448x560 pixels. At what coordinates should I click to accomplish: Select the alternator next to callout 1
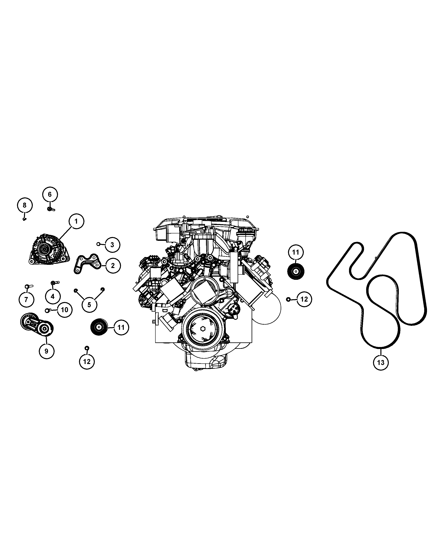tap(49, 249)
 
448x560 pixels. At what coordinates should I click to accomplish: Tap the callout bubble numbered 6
tap(50, 195)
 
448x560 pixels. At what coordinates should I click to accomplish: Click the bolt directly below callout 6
tap(51, 209)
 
